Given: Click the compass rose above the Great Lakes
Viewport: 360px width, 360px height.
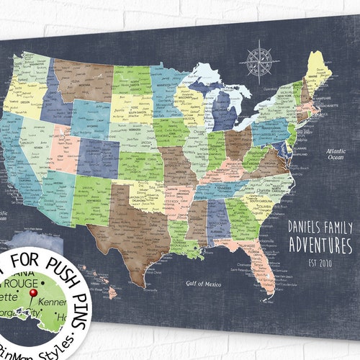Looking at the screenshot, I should tap(258, 59).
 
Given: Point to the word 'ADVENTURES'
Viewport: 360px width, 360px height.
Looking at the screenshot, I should tap(320, 245).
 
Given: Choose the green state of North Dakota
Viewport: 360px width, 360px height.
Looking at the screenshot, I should tap(132, 81).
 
